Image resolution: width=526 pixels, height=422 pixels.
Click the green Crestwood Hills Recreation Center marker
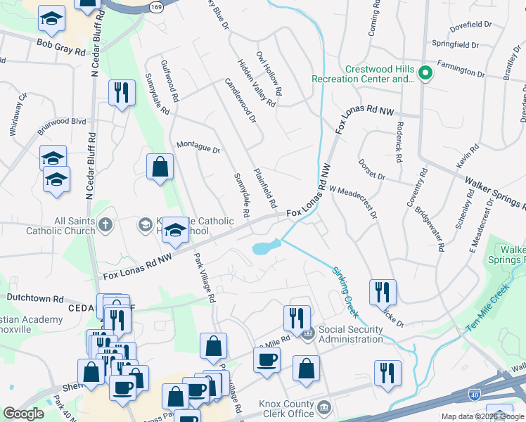click(x=425, y=73)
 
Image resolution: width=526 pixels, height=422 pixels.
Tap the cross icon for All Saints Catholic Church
click(x=105, y=225)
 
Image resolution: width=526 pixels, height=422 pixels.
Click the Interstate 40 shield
click(x=476, y=398)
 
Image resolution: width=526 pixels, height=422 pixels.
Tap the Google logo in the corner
click(x=23, y=414)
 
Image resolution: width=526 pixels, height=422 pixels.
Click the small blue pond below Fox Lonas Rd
click(x=265, y=248)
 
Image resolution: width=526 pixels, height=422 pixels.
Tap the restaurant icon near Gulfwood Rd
click(x=122, y=92)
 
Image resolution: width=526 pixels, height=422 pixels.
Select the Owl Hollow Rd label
click(x=269, y=73)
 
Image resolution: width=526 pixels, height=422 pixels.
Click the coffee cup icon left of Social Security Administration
click(x=267, y=361)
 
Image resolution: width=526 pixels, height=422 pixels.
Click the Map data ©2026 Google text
click(x=482, y=416)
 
